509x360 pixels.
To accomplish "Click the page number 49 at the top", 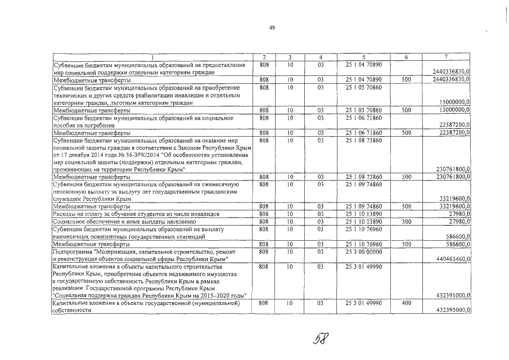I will [x=272, y=29].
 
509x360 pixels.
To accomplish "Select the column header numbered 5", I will [x=364, y=57].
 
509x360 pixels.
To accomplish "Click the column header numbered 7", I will [x=445, y=57].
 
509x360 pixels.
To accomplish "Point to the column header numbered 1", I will [x=152, y=57].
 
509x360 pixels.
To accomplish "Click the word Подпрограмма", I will [x=72, y=252].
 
